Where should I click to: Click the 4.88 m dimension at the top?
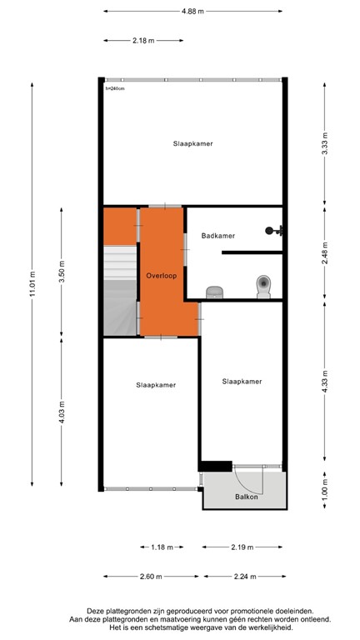(x=193, y=11)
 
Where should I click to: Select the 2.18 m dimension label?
(x=142, y=39)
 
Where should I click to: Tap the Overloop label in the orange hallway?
(x=160, y=275)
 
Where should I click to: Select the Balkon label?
(x=246, y=497)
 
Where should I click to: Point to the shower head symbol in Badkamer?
(x=271, y=231)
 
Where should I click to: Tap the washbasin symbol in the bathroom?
(x=215, y=292)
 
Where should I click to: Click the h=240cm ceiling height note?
(x=115, y=87)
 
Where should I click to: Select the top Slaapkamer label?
(x=193, y=143)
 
